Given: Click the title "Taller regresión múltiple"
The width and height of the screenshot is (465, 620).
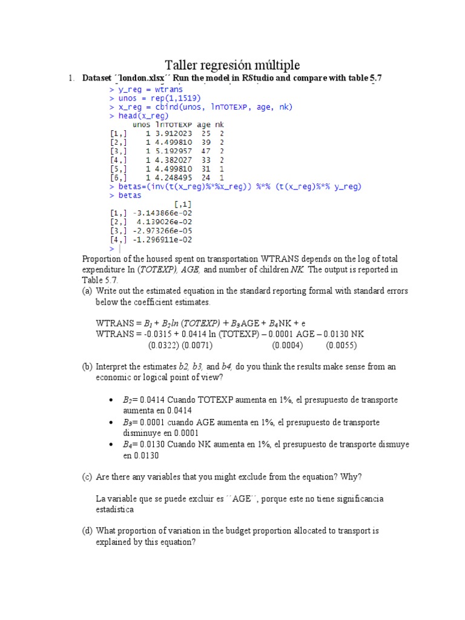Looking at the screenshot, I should [232, 65].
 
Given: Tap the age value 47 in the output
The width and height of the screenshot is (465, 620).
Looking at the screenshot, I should [206, 151].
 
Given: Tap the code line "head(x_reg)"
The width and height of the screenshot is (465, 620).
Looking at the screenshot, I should [143, 116].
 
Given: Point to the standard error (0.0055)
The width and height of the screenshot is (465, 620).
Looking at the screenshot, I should [341, 346].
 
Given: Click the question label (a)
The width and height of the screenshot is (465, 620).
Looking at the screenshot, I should [88, 291].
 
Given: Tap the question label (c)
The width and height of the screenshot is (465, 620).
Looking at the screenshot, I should [88, 477].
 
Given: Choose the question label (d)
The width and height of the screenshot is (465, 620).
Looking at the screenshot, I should [88, 531].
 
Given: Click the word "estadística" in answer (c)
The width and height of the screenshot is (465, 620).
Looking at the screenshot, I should [115, 510].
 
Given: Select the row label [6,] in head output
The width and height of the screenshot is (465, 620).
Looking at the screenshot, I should [119, 178].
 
